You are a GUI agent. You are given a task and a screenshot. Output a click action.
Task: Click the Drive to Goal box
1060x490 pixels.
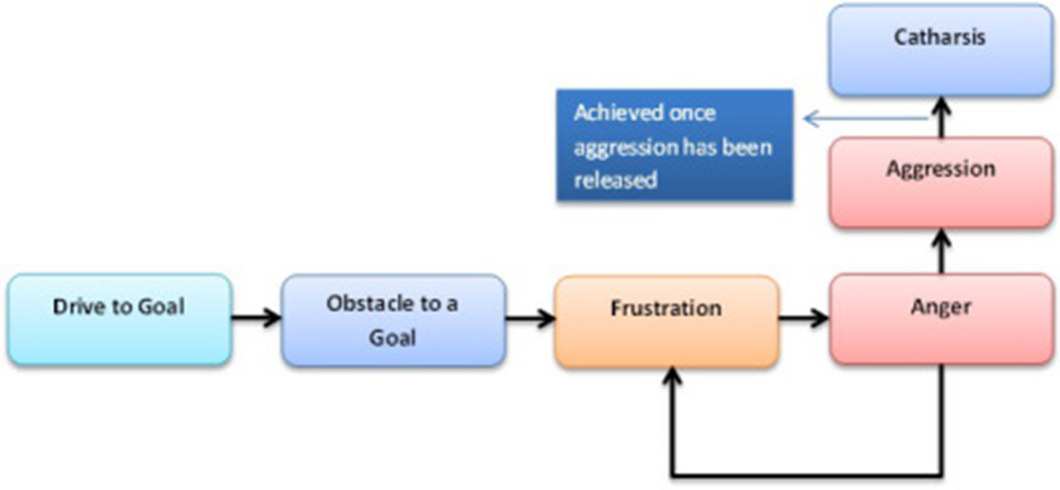120,319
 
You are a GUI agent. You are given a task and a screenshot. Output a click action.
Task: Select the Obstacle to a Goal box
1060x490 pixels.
393,320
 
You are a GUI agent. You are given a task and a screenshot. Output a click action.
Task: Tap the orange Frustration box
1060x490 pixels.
666,321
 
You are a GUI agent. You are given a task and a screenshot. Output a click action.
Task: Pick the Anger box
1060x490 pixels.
941,318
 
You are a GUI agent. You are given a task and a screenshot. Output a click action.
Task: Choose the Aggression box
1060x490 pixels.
941,182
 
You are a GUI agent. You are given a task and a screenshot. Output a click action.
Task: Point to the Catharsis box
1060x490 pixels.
941,50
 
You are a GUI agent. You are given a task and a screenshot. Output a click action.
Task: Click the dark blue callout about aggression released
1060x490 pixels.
675,145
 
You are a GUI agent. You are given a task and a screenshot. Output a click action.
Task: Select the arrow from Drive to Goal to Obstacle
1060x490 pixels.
257,318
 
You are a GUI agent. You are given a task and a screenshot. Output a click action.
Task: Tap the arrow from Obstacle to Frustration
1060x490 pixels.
530,318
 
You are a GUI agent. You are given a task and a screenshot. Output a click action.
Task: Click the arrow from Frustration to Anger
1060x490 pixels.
804,318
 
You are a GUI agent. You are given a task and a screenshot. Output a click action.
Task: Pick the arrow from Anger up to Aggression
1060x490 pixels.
941,251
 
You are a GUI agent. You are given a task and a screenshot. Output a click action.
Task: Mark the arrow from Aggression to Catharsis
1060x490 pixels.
941,117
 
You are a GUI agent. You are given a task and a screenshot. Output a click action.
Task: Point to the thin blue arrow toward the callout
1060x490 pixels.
865,119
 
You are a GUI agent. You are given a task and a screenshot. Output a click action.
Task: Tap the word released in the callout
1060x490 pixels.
615,180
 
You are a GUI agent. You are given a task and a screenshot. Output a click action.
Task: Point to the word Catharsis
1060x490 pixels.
940,37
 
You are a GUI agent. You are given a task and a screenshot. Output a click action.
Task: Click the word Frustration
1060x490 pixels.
666,308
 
